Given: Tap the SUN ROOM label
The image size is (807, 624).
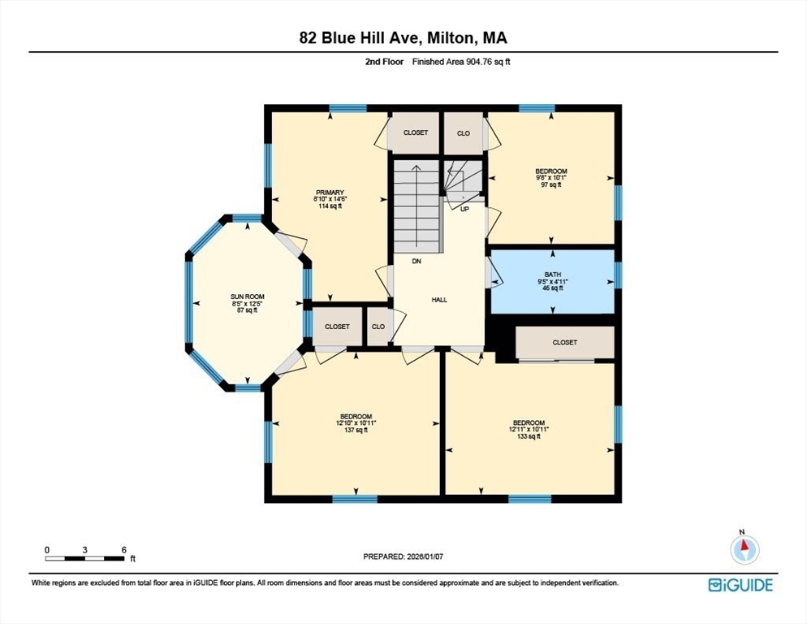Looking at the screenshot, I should click(248, 297).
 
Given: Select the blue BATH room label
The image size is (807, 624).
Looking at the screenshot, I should click(552, 275).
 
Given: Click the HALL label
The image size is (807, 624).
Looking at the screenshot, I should click(439, 300).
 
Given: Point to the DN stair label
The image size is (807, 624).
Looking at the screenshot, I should click(416, 262).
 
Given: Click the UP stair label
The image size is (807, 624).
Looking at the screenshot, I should click(465, 209).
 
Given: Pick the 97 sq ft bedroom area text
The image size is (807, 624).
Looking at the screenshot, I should click(552, 184).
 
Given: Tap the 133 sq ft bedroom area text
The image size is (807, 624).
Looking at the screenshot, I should click(528, 436).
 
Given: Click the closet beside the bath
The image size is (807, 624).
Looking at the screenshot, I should click(565, 342).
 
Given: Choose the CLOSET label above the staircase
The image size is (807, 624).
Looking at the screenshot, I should click(415, 132).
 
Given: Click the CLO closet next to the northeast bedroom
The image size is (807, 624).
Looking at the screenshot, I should click(463, 133).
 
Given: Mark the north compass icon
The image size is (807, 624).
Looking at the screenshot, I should click(744, 550).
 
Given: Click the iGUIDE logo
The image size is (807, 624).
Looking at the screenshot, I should click(740, 584).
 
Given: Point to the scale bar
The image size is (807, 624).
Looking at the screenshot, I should click(84, 557).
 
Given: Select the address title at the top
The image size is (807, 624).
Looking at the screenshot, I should click(403, 38).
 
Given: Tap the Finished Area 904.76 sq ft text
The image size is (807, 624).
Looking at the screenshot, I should click(460, 61).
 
